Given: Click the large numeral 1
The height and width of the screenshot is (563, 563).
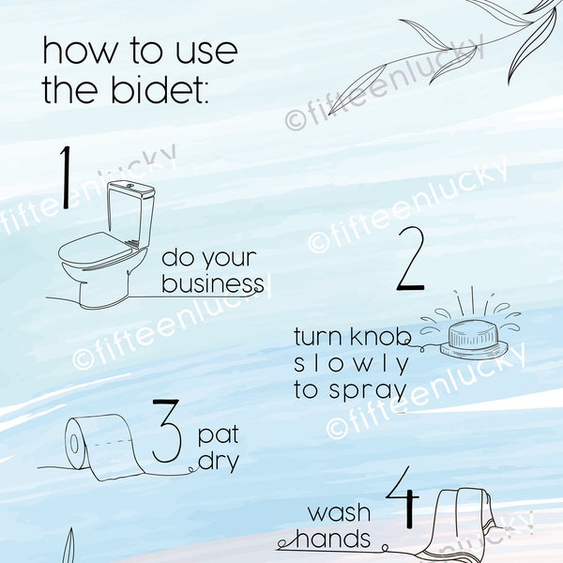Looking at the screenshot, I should (x=66, y=178).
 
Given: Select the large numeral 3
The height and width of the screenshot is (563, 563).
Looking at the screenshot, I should (x=166, y=432).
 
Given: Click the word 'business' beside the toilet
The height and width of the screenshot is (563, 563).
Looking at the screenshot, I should (x=213, y=283).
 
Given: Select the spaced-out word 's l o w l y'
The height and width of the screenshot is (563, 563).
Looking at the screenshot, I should (x=352, y=364).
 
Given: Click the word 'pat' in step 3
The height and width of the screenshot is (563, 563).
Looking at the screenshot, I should (x=218, y=436).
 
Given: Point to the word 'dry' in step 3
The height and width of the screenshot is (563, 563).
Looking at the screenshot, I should (x=218, y=462).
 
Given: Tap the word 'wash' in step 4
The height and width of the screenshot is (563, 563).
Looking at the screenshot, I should (x=340, y=513).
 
